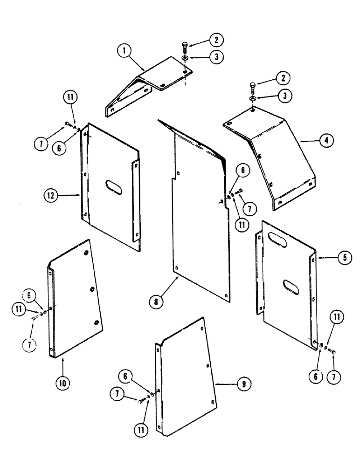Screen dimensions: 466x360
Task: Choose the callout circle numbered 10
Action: click(x=63, y=383)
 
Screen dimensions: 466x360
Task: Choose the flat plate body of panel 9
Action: click(x=187, y=377)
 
